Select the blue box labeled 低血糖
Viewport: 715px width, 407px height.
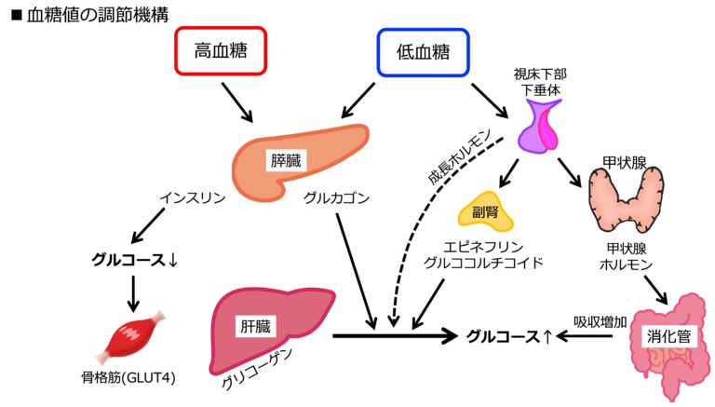click(424, 52)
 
